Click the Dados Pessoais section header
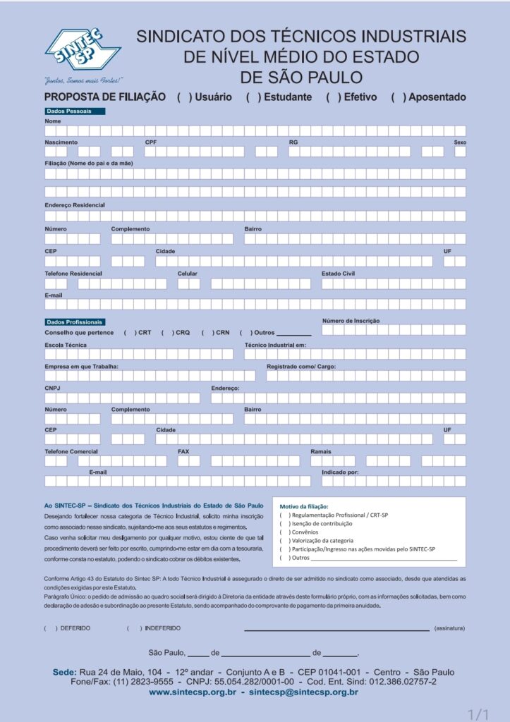(x=74, y=111)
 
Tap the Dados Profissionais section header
(x=74, y=322)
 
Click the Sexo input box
(x=460, y=152)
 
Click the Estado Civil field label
(x=338, y=274)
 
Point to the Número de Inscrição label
(x=351, y=321)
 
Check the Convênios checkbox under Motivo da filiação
(x=284, y=532)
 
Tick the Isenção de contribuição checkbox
(x=284, y=524)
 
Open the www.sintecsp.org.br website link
(x=192, y=692)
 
